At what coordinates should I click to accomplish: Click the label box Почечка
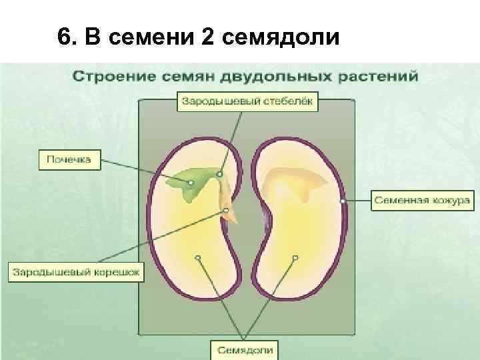69,160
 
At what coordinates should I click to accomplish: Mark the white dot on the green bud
191,181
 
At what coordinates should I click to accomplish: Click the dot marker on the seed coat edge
343,200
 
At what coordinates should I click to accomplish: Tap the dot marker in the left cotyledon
197,257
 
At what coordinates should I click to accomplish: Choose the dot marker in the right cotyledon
293,257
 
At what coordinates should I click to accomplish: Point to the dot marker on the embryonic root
225,211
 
